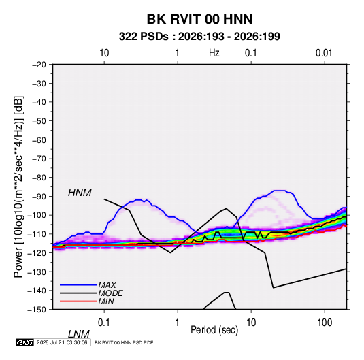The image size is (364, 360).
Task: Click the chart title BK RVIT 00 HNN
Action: (x=199, y=19)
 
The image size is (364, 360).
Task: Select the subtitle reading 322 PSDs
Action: (x=144, y=37)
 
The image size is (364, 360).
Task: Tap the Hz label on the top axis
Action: (x=214, y=53)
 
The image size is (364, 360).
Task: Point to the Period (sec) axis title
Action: (x=214, y=330)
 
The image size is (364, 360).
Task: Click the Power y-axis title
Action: (x=18, y=187)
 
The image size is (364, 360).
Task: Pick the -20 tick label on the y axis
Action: (x=39, y=65)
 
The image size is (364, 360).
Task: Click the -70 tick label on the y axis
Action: (x=39, y=159)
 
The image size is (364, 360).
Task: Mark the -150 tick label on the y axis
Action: (x=37, y=310)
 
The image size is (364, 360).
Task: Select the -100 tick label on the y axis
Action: (x=37, y=215)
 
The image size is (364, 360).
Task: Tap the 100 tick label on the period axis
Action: (x=325, y=322)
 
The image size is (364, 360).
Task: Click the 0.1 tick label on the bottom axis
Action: (x=104, y=322)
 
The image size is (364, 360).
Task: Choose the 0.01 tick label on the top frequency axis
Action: (x=324, y=53)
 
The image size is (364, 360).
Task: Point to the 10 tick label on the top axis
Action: (x=104, y=53)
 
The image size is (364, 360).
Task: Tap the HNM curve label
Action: (x=80, y=193)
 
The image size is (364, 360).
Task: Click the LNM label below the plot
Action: (x=79, y=334)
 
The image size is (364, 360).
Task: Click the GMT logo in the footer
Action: (x=25, y=342)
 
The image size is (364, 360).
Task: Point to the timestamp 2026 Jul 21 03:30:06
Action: (x=62, y=342)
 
